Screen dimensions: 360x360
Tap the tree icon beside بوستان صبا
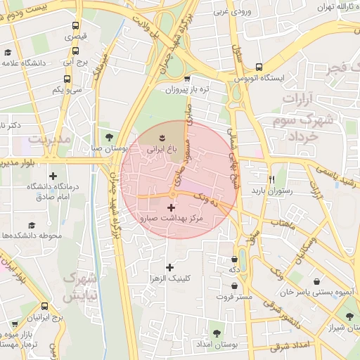pyautogui.click(x=108, y=136)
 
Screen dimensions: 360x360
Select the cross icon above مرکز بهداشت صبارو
pyautogui.click(x=171, y=207)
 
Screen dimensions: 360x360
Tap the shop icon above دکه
pyautogui.click(x=233, y=259)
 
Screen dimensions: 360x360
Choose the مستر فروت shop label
pyautogui.click(x=235, y=297)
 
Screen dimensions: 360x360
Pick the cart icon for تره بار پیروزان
pyautogui.click(x=186, y=79)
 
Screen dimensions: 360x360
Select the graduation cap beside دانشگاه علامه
pyautogui.click(x=8, y=52)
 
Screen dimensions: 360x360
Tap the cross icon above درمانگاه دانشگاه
pyautogui.click(x=53, y=176)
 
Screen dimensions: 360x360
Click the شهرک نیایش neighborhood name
pyautogui.click(x=79, y=288)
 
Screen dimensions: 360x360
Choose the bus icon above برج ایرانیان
pyautogui.click(x=45, y=307)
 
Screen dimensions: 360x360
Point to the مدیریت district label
pyautogui.click(x=50, y=139)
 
